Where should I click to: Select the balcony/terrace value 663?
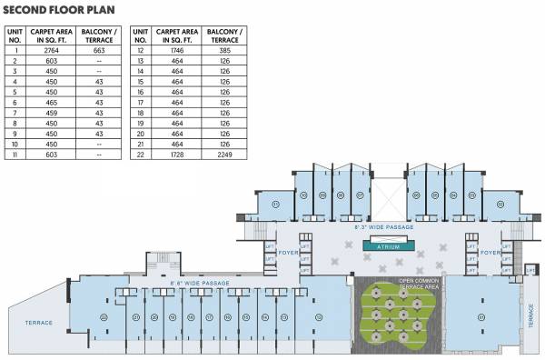98,50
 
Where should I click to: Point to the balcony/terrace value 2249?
226,154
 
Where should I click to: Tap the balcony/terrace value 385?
226,50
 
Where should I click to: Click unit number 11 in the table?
15,154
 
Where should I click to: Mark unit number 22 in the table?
141,154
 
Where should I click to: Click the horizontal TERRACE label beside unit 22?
38,323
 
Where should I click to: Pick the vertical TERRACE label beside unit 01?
532,315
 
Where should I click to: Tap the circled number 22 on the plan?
104,316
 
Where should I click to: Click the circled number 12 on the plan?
319,316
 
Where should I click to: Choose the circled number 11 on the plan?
276,205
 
